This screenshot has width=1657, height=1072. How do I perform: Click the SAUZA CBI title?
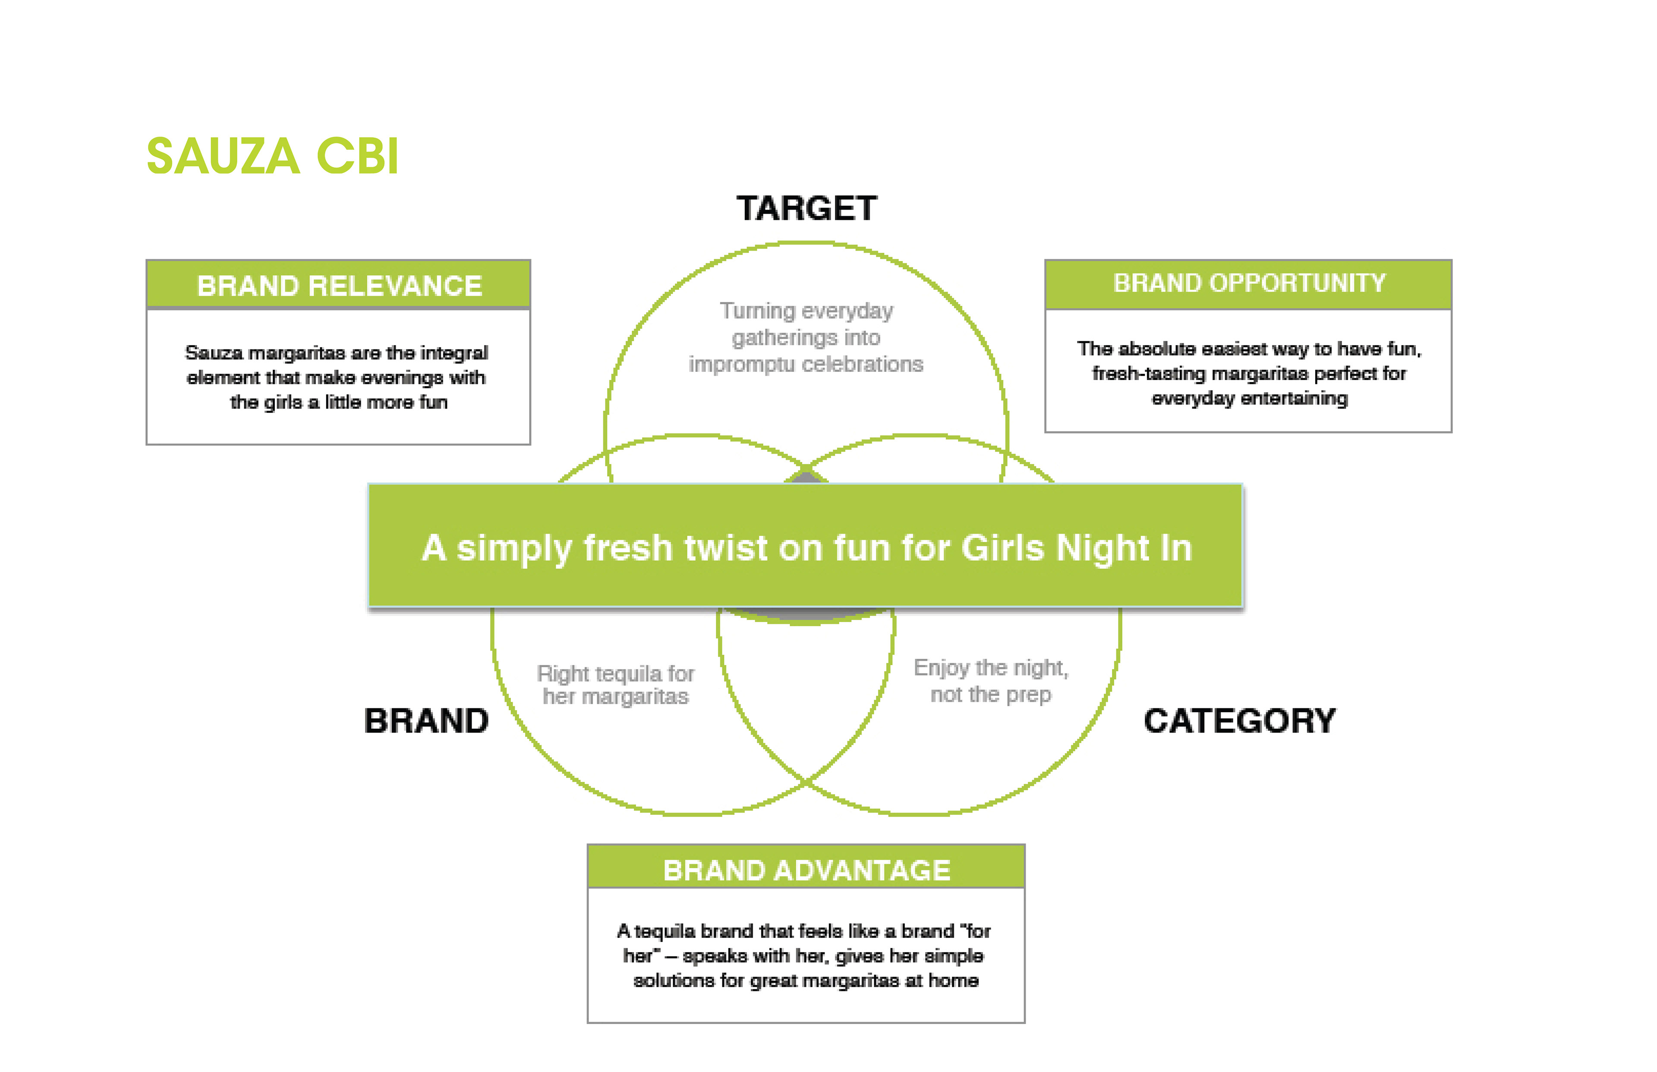[x=272, y=155]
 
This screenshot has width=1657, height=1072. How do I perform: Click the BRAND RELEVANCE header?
[x=339, y=286]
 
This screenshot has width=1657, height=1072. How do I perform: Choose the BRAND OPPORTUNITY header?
[x=1249, y=283]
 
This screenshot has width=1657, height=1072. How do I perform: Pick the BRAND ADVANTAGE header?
[x=806, y=870]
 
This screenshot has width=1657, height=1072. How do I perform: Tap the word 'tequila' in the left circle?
[x=629, y=674]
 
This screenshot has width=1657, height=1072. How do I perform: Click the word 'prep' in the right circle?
[x=1028, y=695]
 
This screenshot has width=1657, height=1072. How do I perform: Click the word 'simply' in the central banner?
[x=514, y=549]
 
